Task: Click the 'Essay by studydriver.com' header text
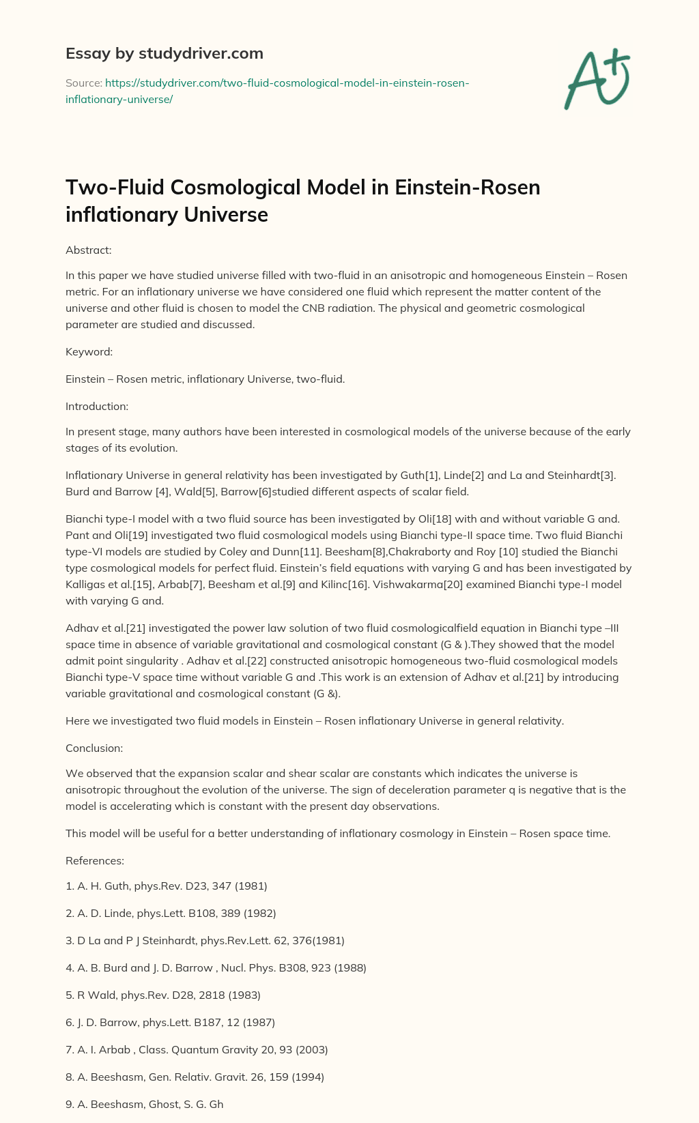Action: pos(164,53)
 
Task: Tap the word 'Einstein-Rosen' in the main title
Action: pos(468,187)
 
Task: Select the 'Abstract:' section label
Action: pos(88,250)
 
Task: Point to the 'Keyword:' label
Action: pos(89,352)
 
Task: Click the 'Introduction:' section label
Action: pos(97,406)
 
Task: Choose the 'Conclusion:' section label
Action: pos(94,748)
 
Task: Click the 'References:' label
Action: pos(95,860)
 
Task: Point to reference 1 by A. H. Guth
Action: pos(167,886)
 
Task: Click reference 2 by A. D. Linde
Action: pos(171,913)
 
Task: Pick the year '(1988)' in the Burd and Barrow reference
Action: pos(349,967)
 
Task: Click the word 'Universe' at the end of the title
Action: pos(226,214)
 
